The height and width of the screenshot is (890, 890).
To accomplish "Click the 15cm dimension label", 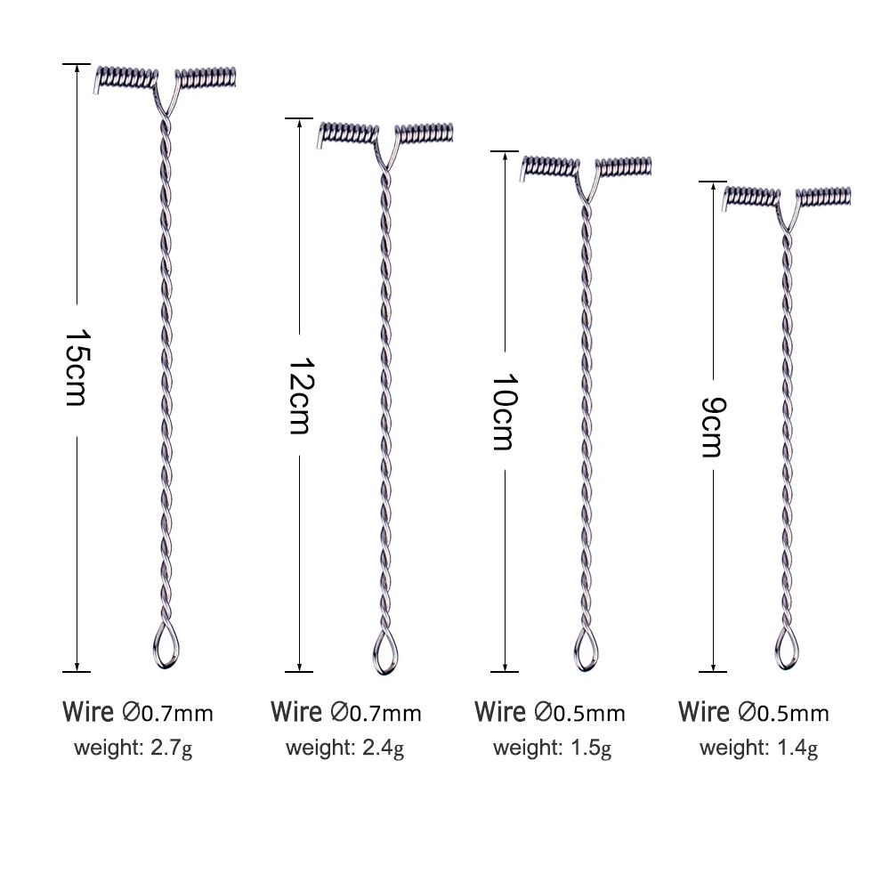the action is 77,368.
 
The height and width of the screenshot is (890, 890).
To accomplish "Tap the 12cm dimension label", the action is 301,396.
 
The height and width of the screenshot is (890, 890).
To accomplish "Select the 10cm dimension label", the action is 505,411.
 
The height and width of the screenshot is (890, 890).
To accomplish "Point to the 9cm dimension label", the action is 713,427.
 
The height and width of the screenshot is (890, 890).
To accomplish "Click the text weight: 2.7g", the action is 133,748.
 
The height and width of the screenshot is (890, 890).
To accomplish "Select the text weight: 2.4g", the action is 344,748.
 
